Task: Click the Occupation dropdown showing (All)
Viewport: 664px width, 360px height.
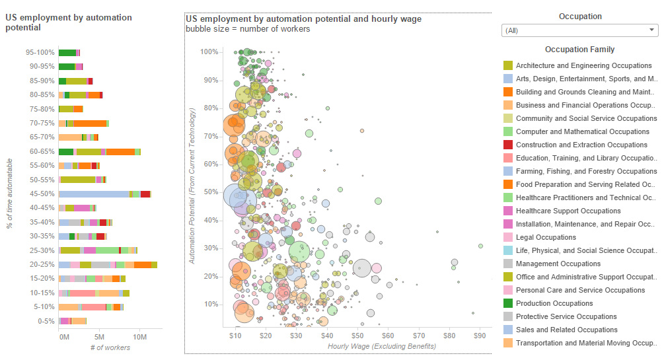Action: point(579,30)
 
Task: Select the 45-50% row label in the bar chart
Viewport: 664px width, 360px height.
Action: point(41,194)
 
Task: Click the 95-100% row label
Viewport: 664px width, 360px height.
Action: point(40,52)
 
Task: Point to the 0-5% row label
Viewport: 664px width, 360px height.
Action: point(46,321)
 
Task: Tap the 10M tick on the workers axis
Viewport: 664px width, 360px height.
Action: point(139,336)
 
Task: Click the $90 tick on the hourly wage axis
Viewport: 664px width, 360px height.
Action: point(480,336)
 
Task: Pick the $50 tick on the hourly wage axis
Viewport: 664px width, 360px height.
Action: point(357,336)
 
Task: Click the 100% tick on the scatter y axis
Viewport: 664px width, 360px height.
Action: point(209,52)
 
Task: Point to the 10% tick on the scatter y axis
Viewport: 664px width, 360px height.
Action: point(211,305)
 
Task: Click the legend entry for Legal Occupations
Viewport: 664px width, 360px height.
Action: point(546,237)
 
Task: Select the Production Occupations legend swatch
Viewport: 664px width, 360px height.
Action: point(508,303)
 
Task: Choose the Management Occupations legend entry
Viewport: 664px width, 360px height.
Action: point(558,264)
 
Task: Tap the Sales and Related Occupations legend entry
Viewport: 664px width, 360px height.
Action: point(567,330)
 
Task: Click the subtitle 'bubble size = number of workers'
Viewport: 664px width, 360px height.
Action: point(248,29)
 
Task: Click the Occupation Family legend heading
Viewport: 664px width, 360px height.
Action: point(579,50)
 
